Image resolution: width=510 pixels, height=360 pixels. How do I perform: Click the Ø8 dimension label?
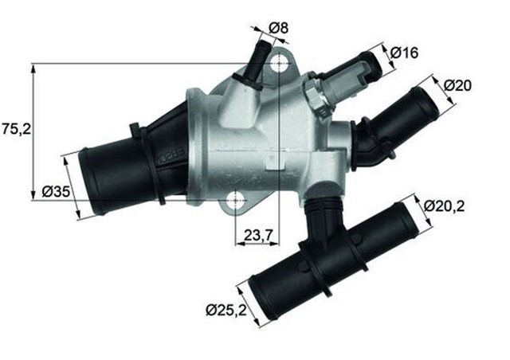pos(277,29)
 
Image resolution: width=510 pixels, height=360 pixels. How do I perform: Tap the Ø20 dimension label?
pos(460,85)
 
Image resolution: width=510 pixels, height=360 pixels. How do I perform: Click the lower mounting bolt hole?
pos(237,202)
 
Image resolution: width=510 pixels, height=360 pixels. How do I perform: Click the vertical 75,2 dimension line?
pos(34,131)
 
